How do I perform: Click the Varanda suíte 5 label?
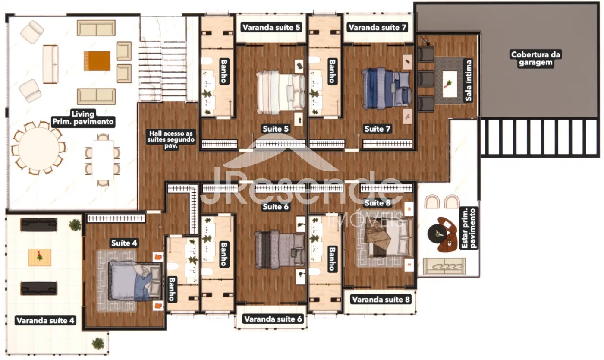point(271,27)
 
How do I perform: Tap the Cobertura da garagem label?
point(535,58)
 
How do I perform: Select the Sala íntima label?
point(469,80)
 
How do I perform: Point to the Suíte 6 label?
point(276,207)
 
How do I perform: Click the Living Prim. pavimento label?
point(83,118)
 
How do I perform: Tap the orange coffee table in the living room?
point(97,61)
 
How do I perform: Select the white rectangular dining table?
point(103,160)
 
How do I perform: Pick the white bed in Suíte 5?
point(280,92)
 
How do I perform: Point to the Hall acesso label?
point(171,139)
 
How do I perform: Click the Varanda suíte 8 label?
point(381,300)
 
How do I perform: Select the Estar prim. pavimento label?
point(469,228)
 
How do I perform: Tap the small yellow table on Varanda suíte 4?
point(40,257)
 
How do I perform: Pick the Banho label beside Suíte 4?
point(172,289)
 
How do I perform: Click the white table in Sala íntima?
point(450,84)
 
